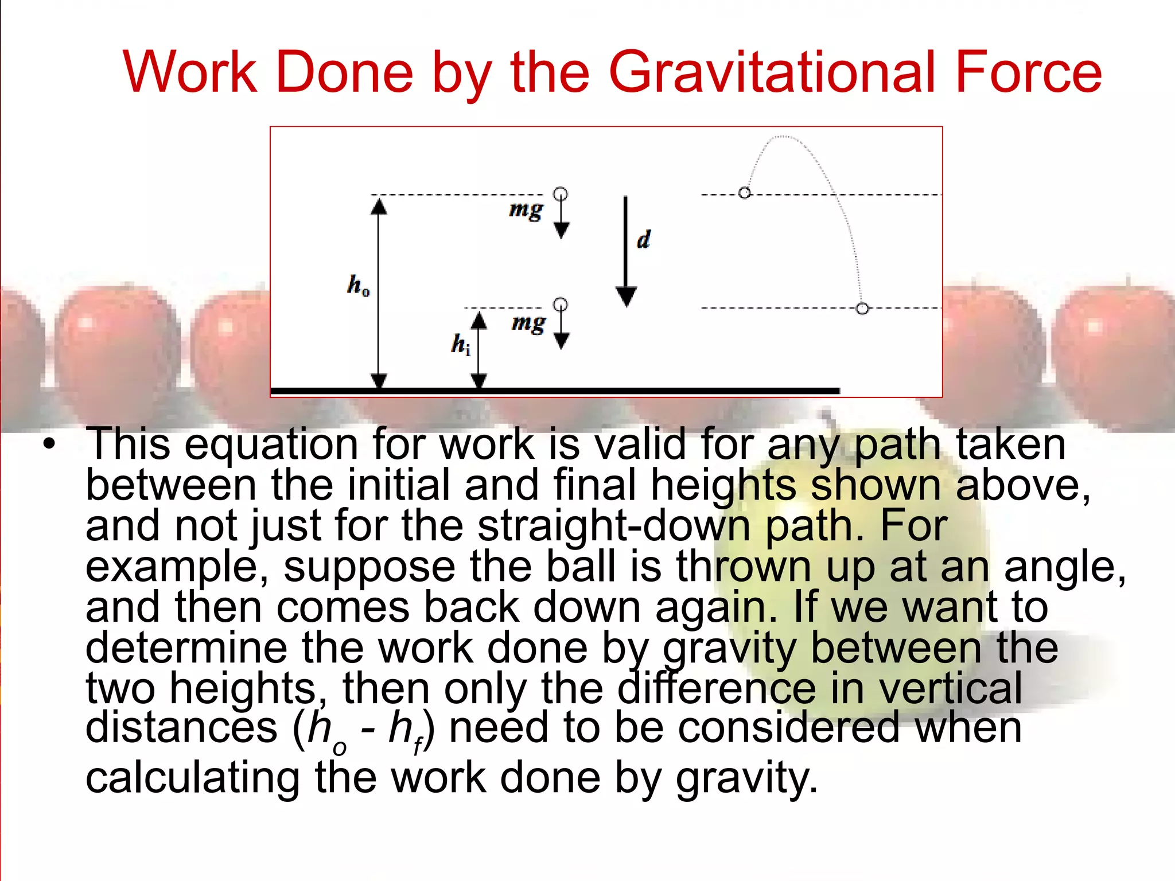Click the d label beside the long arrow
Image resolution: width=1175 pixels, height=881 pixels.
coord(644,240)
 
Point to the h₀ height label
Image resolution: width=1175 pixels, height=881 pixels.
coord(358,285)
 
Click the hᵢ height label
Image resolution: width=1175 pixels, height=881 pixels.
coord(461,344)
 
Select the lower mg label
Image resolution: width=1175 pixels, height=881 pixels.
coord(528,323)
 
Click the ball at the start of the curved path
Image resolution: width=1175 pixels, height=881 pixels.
coord(745,193)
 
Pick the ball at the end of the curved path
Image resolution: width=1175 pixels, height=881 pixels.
coord(862,309)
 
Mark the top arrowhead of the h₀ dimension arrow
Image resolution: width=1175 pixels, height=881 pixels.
coord(378,205)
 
